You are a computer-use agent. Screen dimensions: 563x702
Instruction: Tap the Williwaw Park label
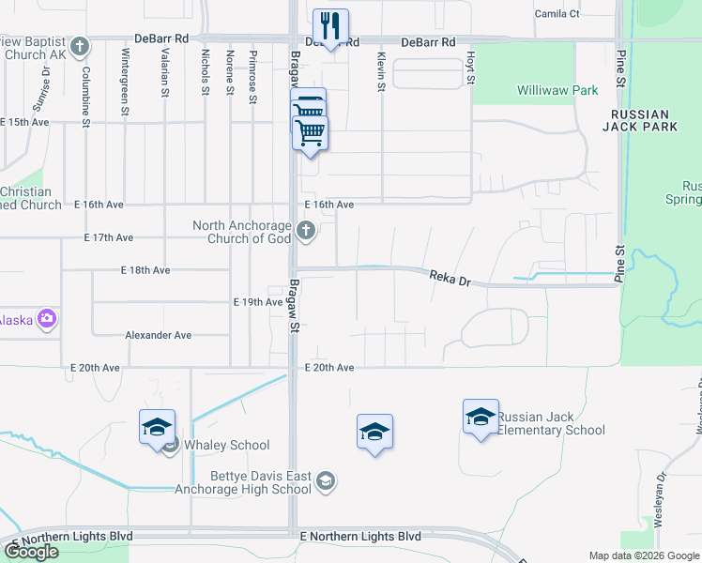[557, 91]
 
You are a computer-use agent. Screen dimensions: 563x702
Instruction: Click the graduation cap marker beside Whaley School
[157, 427]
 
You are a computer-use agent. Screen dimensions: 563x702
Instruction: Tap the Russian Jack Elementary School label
[551, 423]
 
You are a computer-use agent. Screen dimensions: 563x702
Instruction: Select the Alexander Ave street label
[159, 335]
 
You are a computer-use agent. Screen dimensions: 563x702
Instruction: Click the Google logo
[31, 552]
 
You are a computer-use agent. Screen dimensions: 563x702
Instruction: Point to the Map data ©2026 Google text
[644, 555]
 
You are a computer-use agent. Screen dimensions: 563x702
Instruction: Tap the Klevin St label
[381, 72]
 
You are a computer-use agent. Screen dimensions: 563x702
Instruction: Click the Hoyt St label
[468, 68]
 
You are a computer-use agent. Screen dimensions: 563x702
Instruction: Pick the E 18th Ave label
[145, 269]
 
